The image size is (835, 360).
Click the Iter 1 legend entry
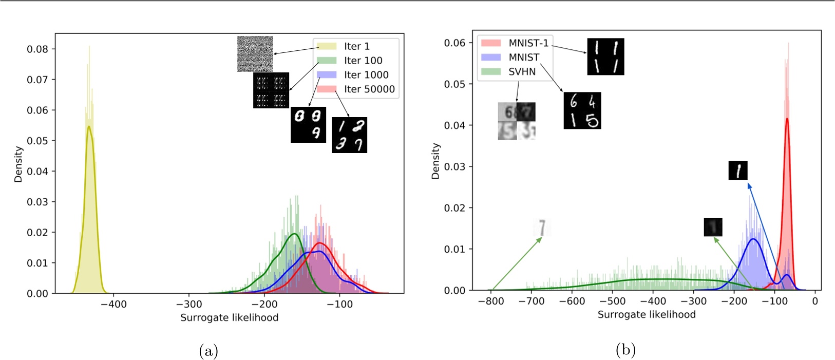tap(356, 46)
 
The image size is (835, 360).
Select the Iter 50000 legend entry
tap(369, 89)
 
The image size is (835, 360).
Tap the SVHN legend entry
tap(521, 72)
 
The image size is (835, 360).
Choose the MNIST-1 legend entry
tap(527, 43)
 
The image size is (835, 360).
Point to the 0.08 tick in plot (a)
tap(37, 49)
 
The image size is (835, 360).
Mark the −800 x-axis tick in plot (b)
tap(491, 301)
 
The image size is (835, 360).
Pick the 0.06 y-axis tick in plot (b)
tap(454, 43)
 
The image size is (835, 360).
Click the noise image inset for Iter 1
tap(255, 54)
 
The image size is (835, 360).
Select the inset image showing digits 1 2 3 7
tap(349, 135)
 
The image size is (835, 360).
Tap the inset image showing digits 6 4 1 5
tap(582, 110)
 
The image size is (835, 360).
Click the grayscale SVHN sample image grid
tap(517, 121)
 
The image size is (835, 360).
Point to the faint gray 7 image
tap(542, 228)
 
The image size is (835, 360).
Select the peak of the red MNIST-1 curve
tap(787, 119)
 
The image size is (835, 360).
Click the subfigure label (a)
tap(208, 351)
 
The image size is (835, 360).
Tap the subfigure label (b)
tap(625, 350)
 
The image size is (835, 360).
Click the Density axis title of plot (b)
tap(436, 161)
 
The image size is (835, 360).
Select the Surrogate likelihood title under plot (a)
tap(229, 318)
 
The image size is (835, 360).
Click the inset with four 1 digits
tap(605, 56)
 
